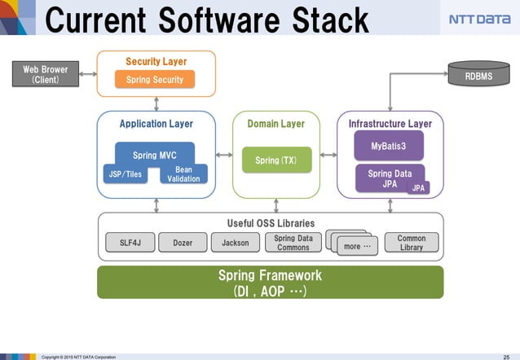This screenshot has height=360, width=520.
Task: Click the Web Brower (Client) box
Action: pos(45,75)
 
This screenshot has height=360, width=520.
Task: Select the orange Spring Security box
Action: pos(155,79)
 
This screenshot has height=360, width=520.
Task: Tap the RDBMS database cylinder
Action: pos(478,75)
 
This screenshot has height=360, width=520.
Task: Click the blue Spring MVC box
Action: pos(155,154)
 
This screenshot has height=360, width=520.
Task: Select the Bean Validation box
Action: pos(183,173)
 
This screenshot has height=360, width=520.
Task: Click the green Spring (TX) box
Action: pos(275,160)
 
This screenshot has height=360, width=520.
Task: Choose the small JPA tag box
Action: pos(418,187)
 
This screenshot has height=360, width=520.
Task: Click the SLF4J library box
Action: pos(130,242)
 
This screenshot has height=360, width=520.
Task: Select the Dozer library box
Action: pos(182,242)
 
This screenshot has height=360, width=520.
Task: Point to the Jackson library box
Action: pos(235,242)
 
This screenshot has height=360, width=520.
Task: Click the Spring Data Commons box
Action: pos(293,242)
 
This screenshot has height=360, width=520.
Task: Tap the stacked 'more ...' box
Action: pos(352,244)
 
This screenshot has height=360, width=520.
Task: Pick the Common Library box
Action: pos(411,242)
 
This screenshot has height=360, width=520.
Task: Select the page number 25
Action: pos(506,356)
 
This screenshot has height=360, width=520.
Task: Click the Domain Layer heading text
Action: pos(275,124)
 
